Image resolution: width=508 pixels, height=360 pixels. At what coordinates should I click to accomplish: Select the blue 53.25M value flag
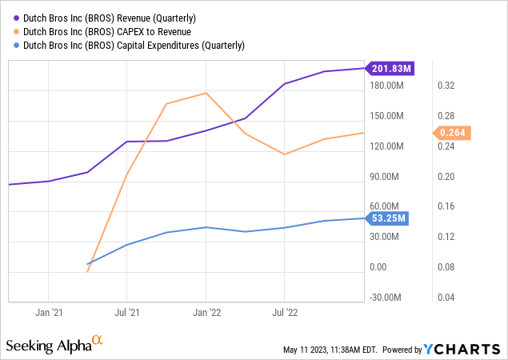click(389, 218)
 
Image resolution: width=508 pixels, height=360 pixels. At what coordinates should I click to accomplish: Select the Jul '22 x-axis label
click(285, 313)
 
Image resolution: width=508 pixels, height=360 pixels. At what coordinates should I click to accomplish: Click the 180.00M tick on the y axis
click(389, 86)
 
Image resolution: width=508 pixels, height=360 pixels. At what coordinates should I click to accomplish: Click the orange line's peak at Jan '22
click(206, 93)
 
